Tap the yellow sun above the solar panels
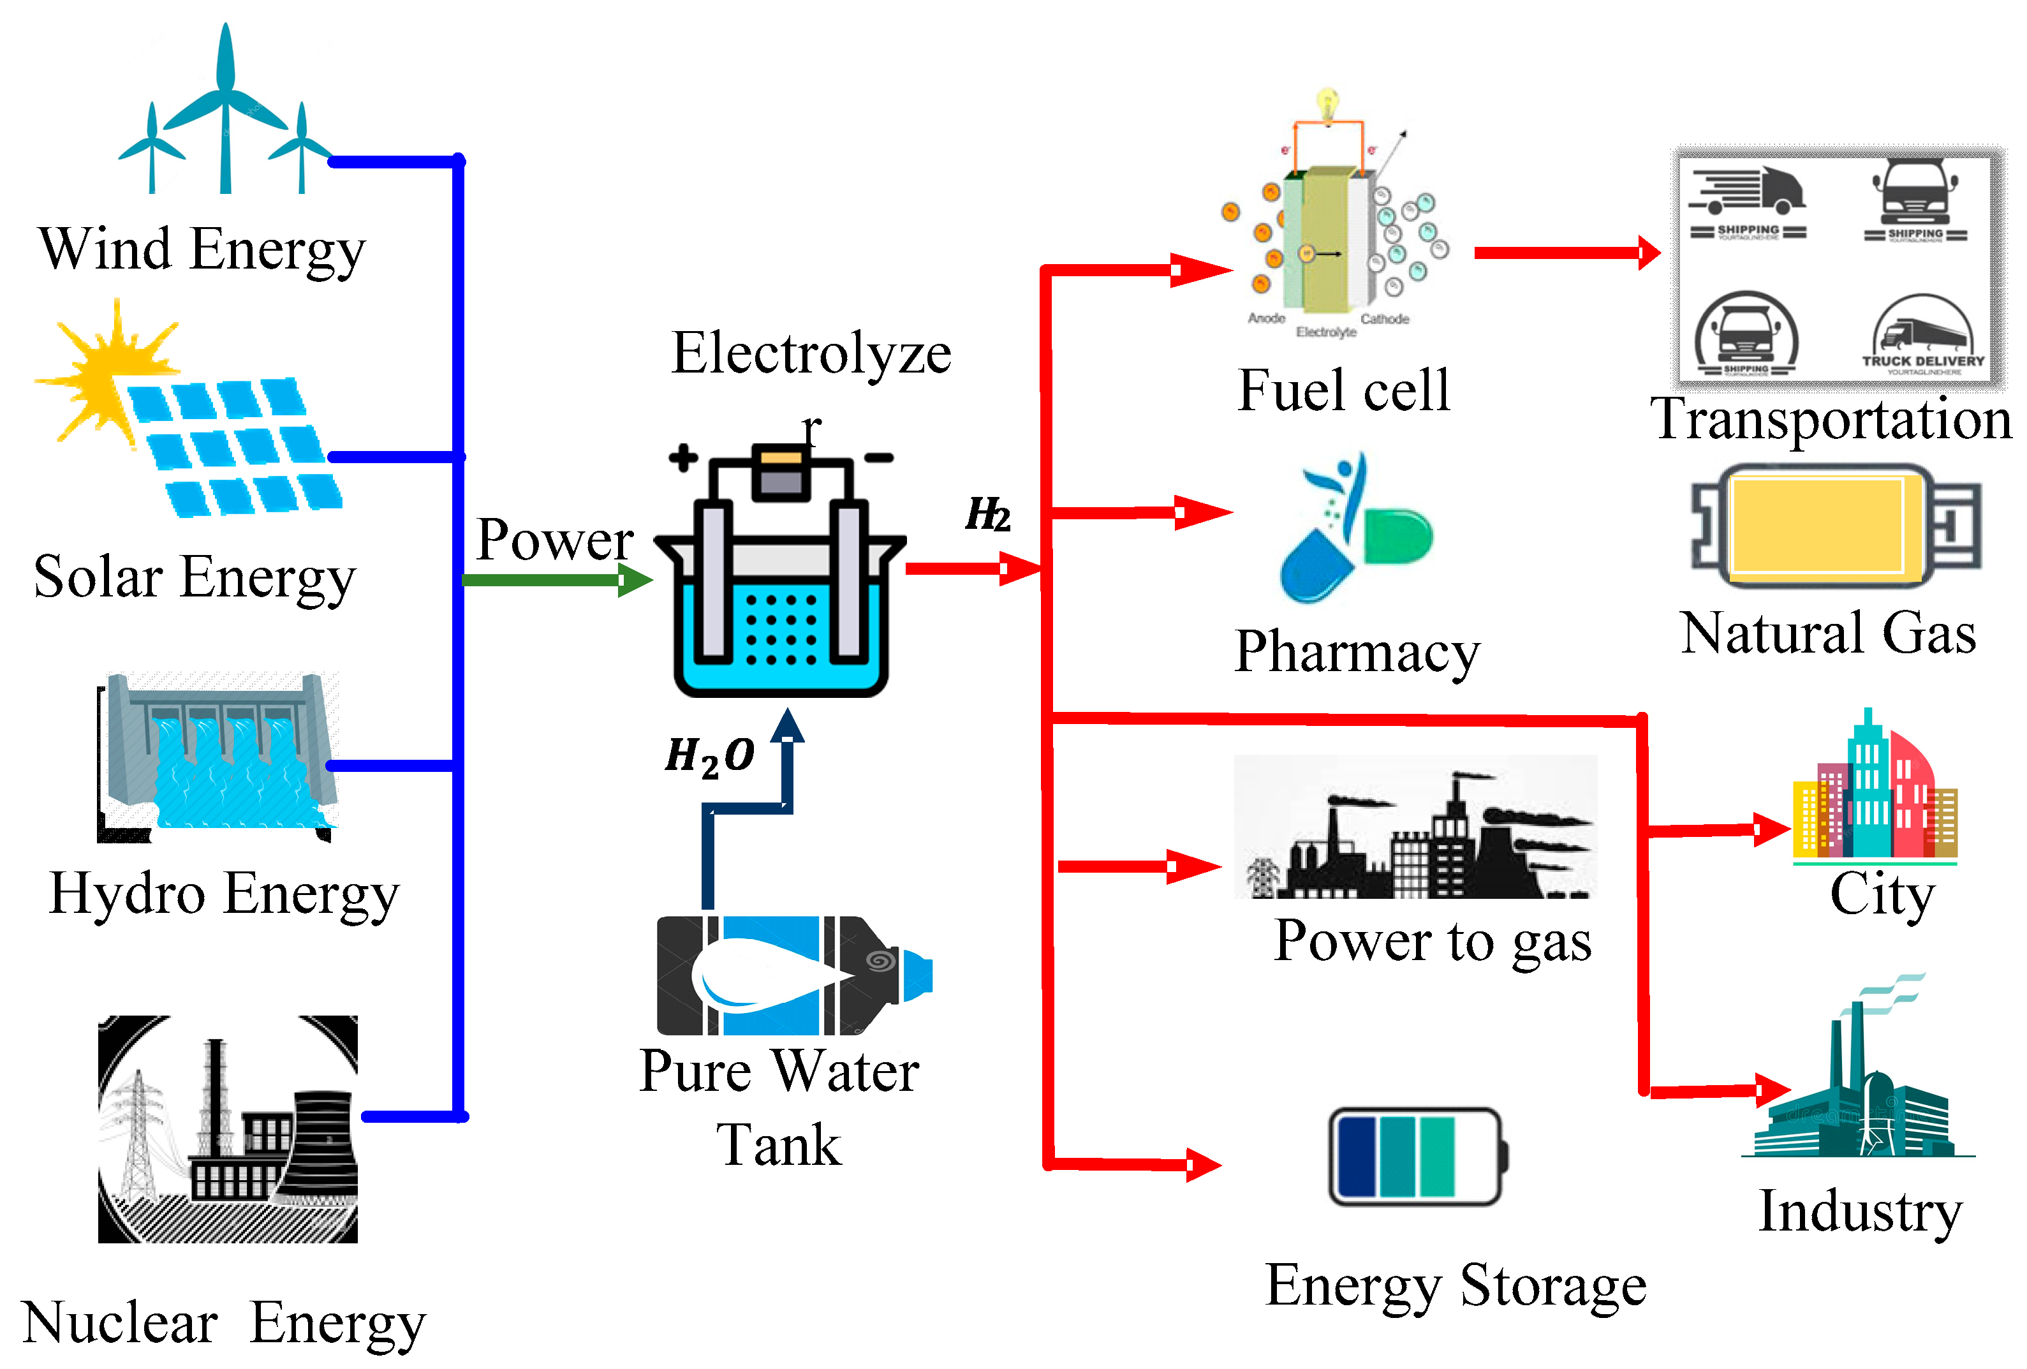click(x=109, y=375)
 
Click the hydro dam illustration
click(x=218, y=755)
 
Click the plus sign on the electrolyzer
click(x=683, y=457)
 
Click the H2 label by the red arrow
click(x=987, y=514)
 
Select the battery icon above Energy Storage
click(x=1417, y=1156)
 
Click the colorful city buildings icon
click(x=1875, y=794)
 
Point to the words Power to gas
click(x=1432, y=942)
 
